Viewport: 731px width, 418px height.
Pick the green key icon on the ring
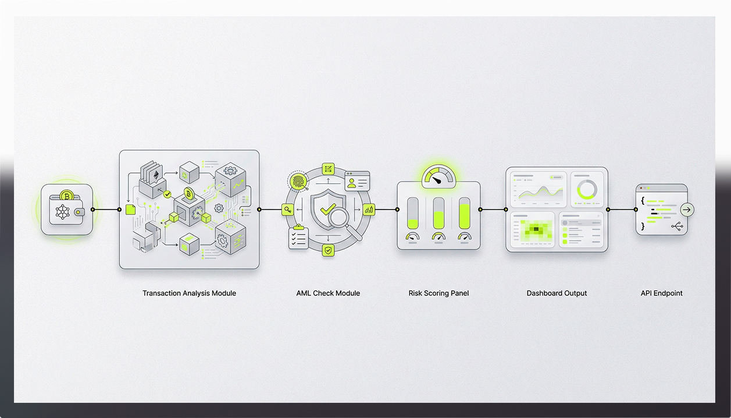coord(287,210)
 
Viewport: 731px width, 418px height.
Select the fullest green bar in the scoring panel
coord(465,212)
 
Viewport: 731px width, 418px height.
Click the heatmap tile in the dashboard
coord(532,231)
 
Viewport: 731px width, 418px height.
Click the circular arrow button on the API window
coord(687,210)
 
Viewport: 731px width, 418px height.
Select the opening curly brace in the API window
coord(643,200)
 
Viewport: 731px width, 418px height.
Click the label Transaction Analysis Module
coord(189,293)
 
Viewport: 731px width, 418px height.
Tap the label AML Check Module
coord(328,293)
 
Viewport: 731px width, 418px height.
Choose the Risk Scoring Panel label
coord(438,293)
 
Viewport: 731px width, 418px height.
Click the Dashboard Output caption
coord(557,293)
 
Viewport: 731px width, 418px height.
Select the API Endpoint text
coord(661,293)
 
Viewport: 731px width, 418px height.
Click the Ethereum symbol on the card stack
coord(155,175)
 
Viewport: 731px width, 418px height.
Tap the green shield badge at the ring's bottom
coord(329,250)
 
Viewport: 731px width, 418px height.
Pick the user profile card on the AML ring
coord(356,181)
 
